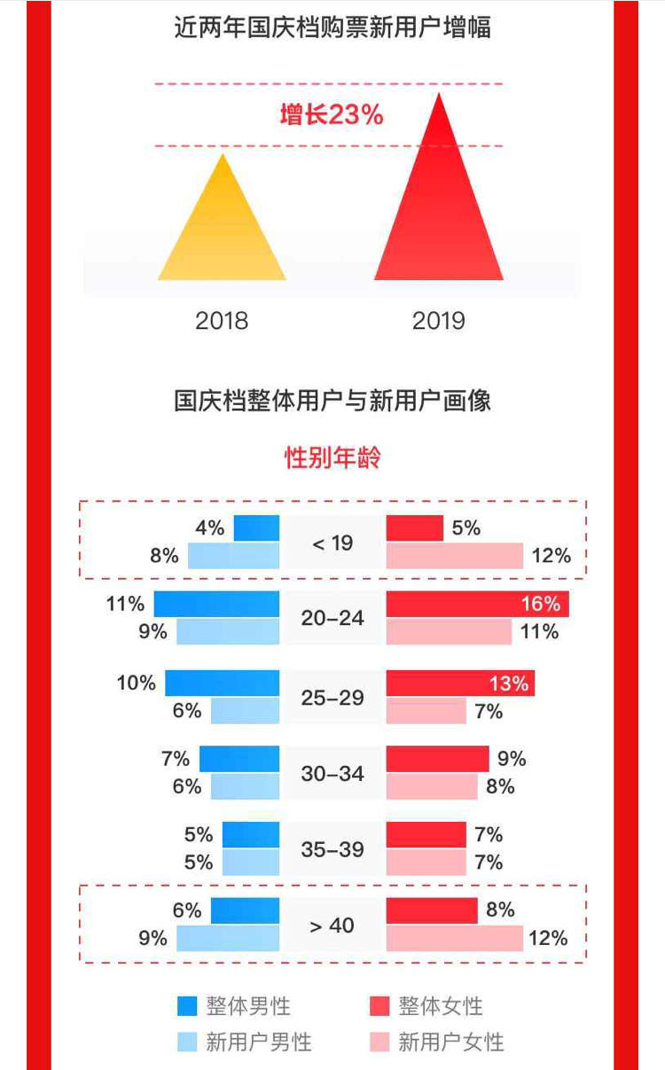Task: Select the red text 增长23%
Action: click(332, 115)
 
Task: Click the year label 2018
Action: click(222, 320)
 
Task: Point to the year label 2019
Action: click(439, 320)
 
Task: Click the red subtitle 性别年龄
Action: click(332, 458)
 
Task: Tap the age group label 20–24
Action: click(332, 618)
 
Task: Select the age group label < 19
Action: click(332, 543)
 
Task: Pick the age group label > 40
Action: click(332, 926)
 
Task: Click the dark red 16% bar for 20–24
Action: click(477, 605)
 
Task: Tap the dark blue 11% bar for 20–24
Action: click(216, 605)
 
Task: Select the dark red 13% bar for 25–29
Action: click(460, 683)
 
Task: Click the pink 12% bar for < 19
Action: click(455, 556)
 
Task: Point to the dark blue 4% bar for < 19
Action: click(256, 528)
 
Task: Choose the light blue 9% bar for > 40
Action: click(228, 938)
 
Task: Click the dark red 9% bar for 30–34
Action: click(437, 759)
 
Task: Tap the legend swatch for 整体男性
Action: click(187, 1006)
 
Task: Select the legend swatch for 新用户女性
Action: click(379, 1042)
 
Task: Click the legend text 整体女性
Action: click(441, 1006)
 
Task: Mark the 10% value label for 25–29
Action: click(136, 683)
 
